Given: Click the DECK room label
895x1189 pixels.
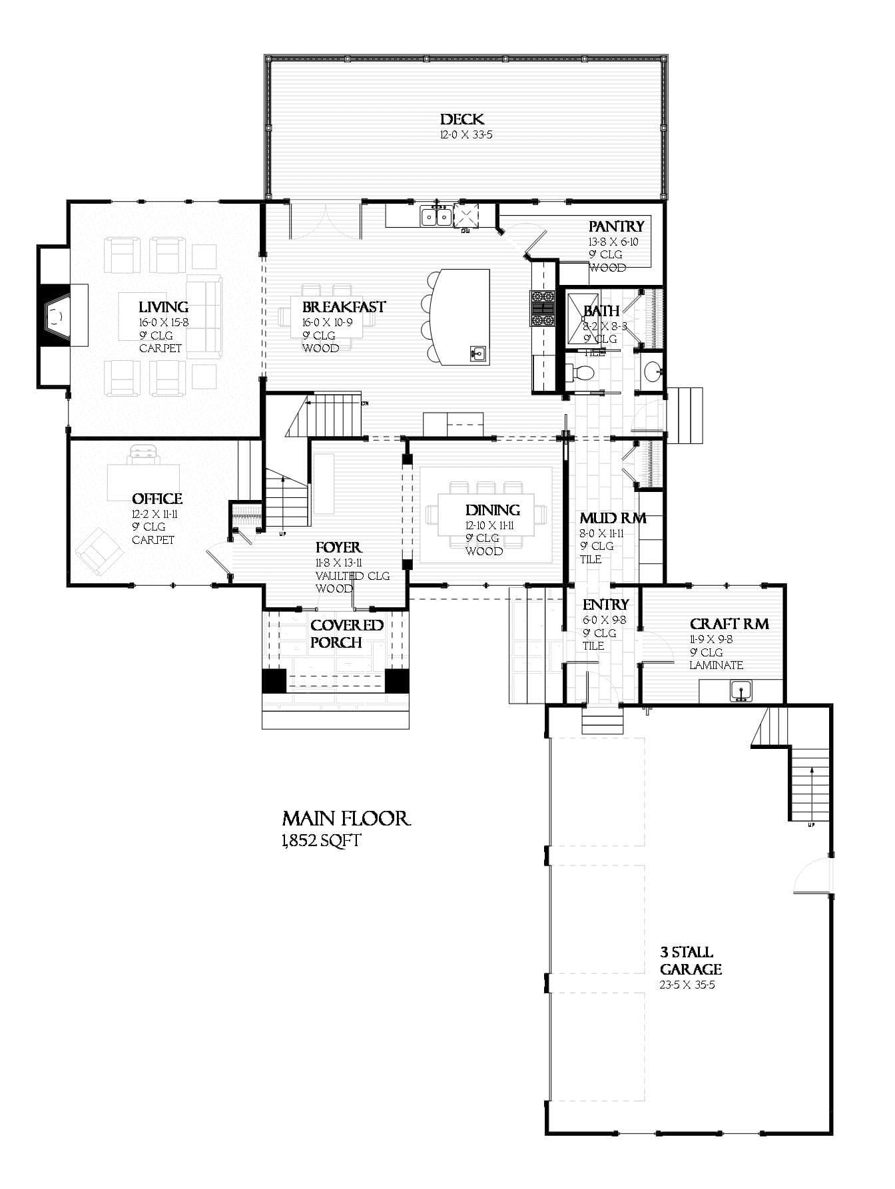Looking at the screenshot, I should pos(461,120).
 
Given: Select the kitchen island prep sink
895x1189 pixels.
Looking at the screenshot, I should pos(477,353).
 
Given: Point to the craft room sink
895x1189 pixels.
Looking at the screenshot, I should pos(740,690).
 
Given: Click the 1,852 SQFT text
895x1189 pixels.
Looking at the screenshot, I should pos(321,841).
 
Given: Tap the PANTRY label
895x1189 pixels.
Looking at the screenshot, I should pos(616,226).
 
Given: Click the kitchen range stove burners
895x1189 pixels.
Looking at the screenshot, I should pos(542,309).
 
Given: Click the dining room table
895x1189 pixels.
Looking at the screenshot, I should pos(485,515).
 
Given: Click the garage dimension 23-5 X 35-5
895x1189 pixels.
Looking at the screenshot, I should pos(687,985).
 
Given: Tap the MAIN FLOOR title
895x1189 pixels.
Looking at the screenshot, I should pos(346,818).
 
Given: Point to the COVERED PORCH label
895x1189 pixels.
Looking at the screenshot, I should pos(347,634).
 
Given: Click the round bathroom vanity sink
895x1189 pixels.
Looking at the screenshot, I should pos(653,371).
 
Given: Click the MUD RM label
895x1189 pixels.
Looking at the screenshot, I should pos(612,518).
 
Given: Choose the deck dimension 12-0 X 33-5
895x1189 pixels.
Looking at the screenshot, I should pos(465,135).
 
